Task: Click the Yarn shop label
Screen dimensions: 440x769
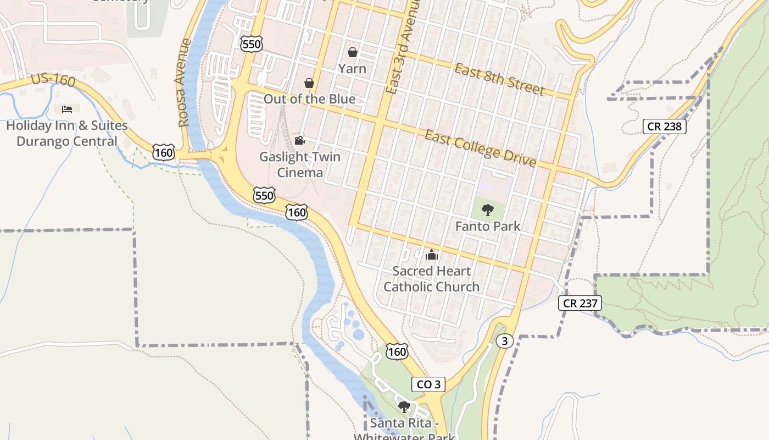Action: coord(352,69)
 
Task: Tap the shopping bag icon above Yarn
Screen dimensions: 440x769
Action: coord(353,52)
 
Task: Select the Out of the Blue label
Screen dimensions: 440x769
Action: coord(309,99)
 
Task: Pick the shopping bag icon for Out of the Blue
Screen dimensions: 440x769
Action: coord(309,83)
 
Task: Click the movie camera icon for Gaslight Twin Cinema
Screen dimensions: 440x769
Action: coord(299,141)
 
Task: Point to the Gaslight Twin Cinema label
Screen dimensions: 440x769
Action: coord(300,164)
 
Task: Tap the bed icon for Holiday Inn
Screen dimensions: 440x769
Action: coord(67,109)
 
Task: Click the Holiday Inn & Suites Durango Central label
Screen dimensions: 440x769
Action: coord(67,134)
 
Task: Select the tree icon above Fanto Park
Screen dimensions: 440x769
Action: coord(487,210)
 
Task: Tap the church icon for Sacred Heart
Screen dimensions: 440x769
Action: coord(432,255)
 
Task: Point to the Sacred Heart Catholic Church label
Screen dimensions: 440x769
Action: coord(432,279)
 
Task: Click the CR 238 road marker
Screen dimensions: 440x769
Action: coord(665,127)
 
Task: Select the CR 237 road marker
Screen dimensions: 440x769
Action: coord(580,303)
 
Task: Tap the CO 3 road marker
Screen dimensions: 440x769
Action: coord(428,384)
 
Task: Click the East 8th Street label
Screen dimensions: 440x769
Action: coord(499,79)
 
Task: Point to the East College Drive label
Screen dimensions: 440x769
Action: coord(481,148)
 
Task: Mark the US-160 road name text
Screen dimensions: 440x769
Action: coord(53,80)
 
